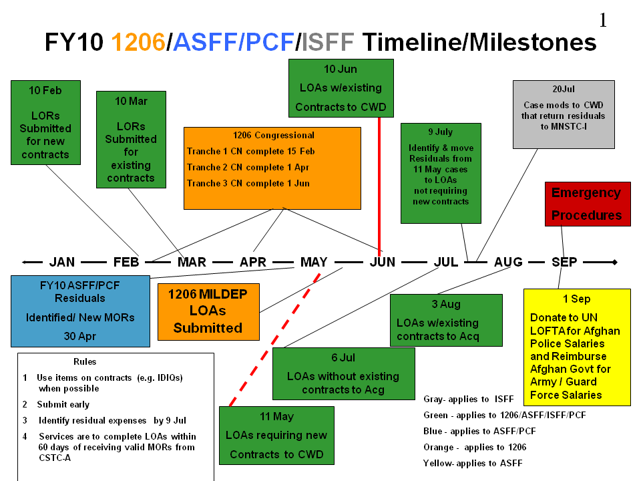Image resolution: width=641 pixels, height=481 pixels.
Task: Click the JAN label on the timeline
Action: pos(62,262)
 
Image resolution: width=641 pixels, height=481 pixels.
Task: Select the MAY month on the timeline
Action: pos(314,262)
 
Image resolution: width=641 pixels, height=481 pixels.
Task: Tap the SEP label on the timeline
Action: pos(564,262)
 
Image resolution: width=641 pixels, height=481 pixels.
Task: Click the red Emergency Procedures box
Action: pos(587,204)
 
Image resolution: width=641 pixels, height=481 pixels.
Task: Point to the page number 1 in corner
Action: pos(603,20)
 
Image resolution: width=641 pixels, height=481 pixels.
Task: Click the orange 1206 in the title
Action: pos(138,42)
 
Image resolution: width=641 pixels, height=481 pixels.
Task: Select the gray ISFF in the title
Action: pos(328,42)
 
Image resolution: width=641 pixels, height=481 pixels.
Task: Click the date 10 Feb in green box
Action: pos(45,90)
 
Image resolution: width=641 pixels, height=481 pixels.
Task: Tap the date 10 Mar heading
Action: pos(131,101)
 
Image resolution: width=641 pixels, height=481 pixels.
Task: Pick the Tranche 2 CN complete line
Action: pos(248,167)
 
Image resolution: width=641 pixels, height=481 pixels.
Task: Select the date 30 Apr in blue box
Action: pos(80,336)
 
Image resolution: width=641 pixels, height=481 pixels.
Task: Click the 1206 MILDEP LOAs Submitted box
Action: pos(208,311)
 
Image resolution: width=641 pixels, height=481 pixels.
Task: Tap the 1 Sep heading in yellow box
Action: pos(576,299)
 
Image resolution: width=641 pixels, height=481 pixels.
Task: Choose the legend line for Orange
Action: pos(475,447)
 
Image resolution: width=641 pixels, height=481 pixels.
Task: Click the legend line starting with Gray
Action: pos(469,399)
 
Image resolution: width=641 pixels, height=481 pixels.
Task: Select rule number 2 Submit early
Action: pos(63,404)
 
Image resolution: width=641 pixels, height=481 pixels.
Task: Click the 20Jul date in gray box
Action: pos(563,89)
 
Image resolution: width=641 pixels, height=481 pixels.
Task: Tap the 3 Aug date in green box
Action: pos(446,304)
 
